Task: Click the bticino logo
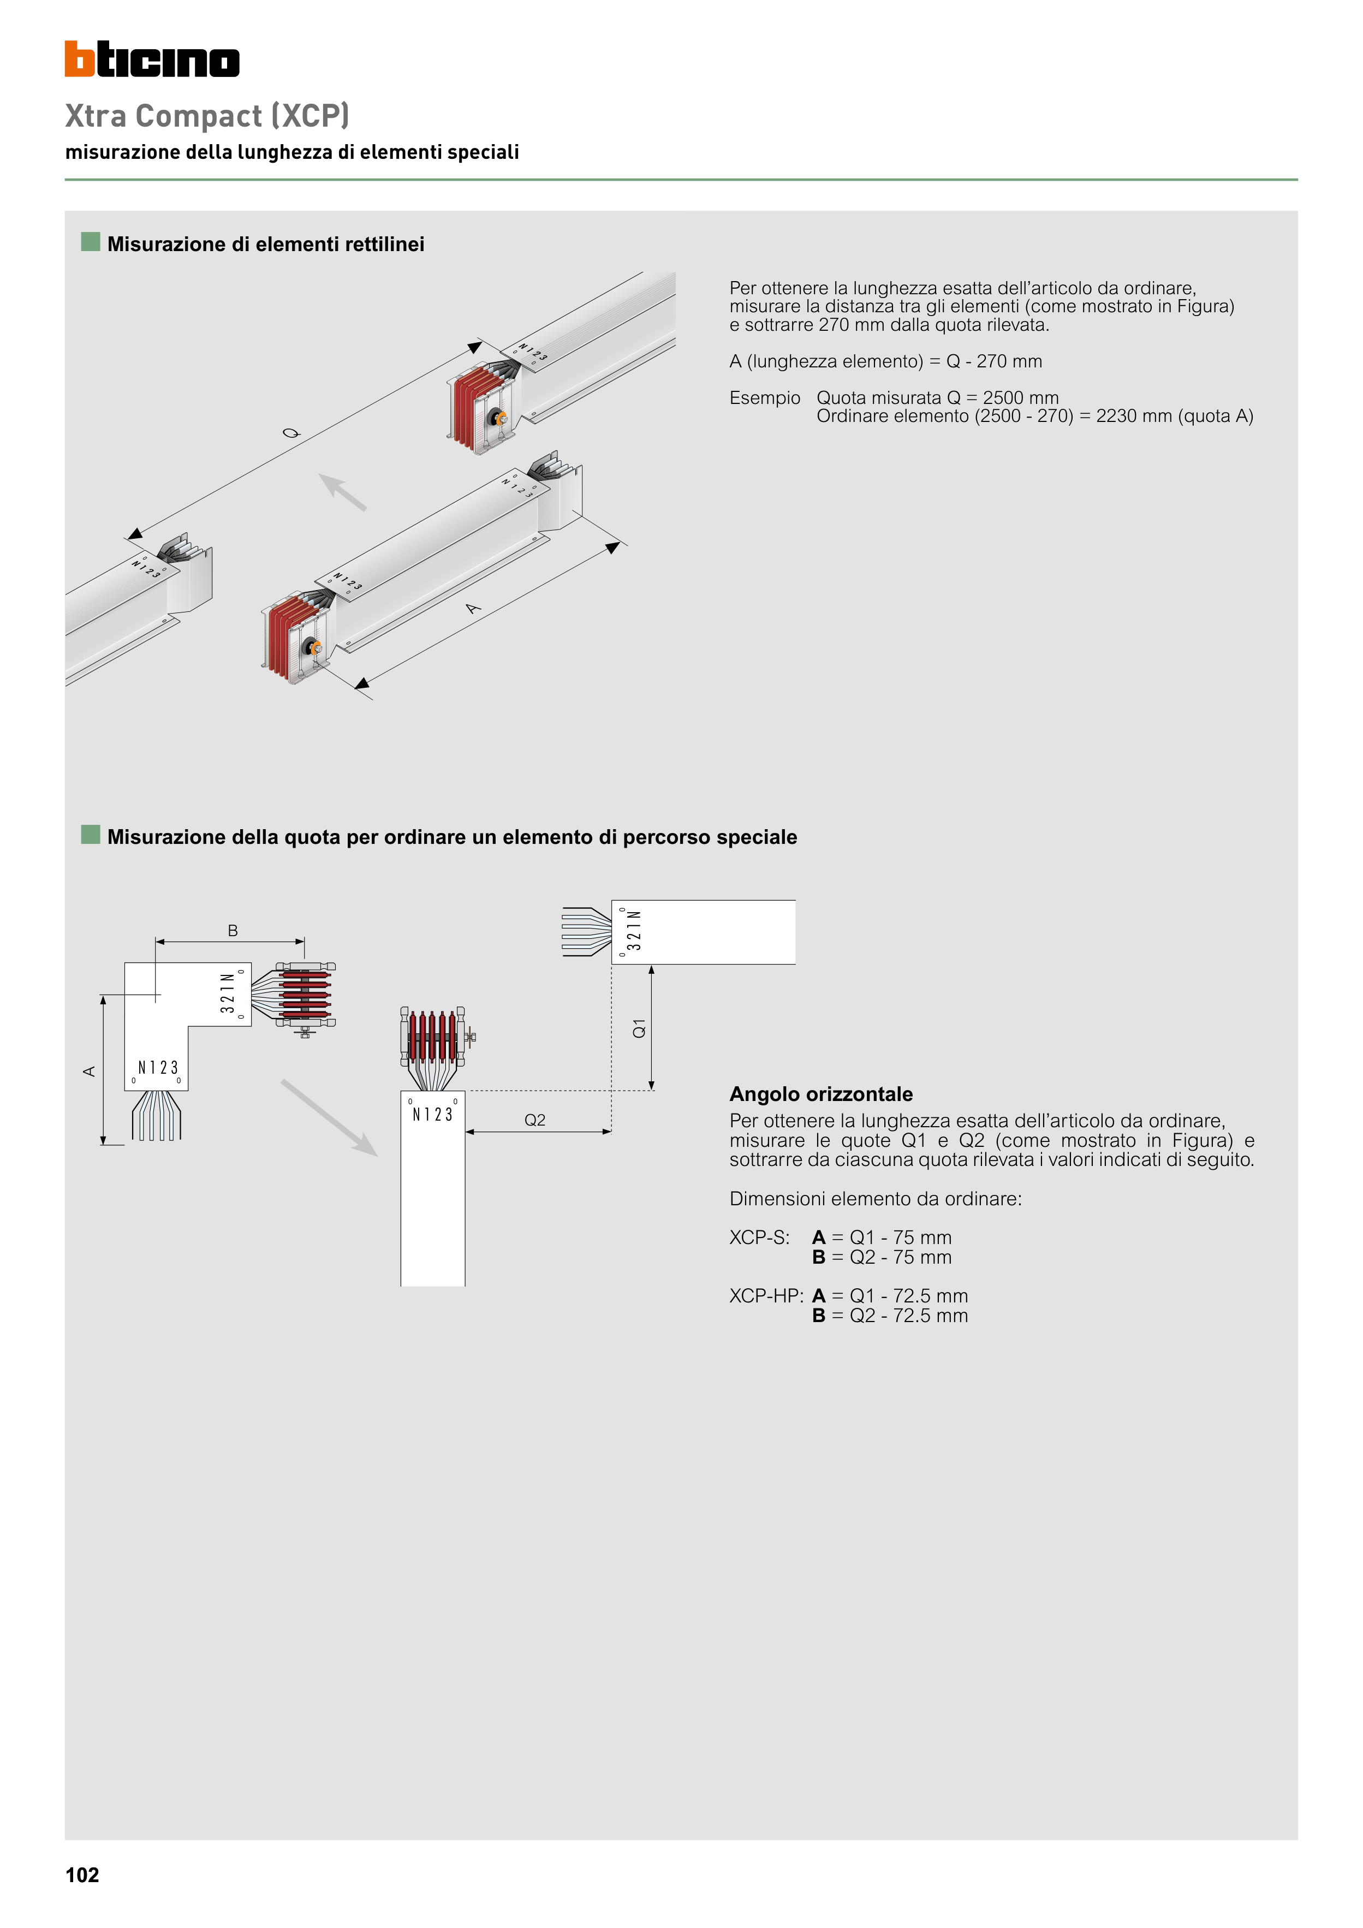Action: point(152,59)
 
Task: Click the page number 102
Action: point(82,1875)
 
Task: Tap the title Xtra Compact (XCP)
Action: point(206,116)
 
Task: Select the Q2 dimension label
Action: point(535,1120)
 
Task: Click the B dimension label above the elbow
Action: point(233,930)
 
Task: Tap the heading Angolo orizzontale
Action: point(820,1094)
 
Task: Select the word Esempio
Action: point(764,398)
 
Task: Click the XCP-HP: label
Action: point(766,1296)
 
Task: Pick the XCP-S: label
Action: point(759,1237)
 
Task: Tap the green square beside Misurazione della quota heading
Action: point(91,835)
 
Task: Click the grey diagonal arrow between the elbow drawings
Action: point(329,1118)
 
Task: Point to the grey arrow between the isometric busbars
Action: point(343,492)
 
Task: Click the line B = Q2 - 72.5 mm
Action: point(889,1316)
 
